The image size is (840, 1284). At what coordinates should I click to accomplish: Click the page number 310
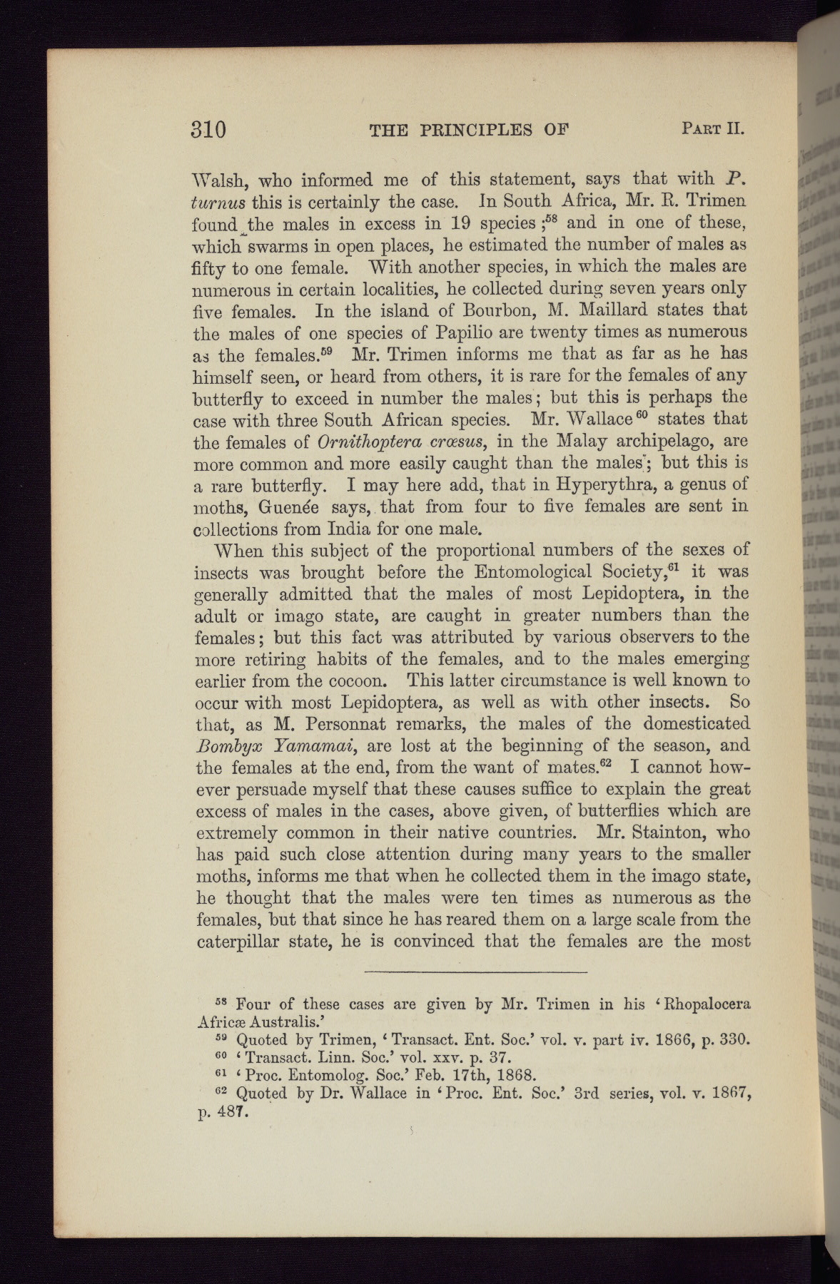[208, 130]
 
